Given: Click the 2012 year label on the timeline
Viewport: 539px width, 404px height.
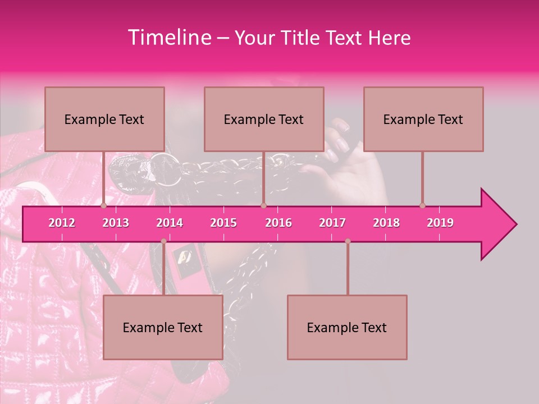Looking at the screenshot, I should point(62,223).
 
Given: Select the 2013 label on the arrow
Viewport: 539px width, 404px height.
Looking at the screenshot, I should point(116,223).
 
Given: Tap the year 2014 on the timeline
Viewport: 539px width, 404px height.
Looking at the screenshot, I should point(170,223).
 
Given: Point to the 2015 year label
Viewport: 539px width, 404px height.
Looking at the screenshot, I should point(223,223).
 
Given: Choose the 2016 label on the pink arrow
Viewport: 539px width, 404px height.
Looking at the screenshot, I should point(278,223).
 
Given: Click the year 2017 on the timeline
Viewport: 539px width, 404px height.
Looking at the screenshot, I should point(332,223).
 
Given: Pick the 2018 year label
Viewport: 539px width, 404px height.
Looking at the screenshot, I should point(386,223).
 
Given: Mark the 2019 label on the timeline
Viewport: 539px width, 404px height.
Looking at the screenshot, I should point(440,223).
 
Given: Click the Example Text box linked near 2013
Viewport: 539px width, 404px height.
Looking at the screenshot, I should point(104,119).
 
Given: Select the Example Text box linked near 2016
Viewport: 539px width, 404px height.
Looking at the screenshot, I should point(264,119).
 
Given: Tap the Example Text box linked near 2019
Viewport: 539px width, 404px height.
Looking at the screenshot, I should point(423,119).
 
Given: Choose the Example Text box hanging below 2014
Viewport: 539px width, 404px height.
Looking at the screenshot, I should point(163,327).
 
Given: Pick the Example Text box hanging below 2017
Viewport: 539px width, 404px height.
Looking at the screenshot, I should point(347,327).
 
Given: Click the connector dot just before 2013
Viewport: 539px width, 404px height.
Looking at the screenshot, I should point(104,206).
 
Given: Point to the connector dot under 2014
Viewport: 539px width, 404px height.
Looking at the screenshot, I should point(163,241).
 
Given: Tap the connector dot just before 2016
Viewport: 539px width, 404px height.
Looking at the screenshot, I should point(263,206).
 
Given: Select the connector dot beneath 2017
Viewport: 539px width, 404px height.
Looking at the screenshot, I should point(348,241).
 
